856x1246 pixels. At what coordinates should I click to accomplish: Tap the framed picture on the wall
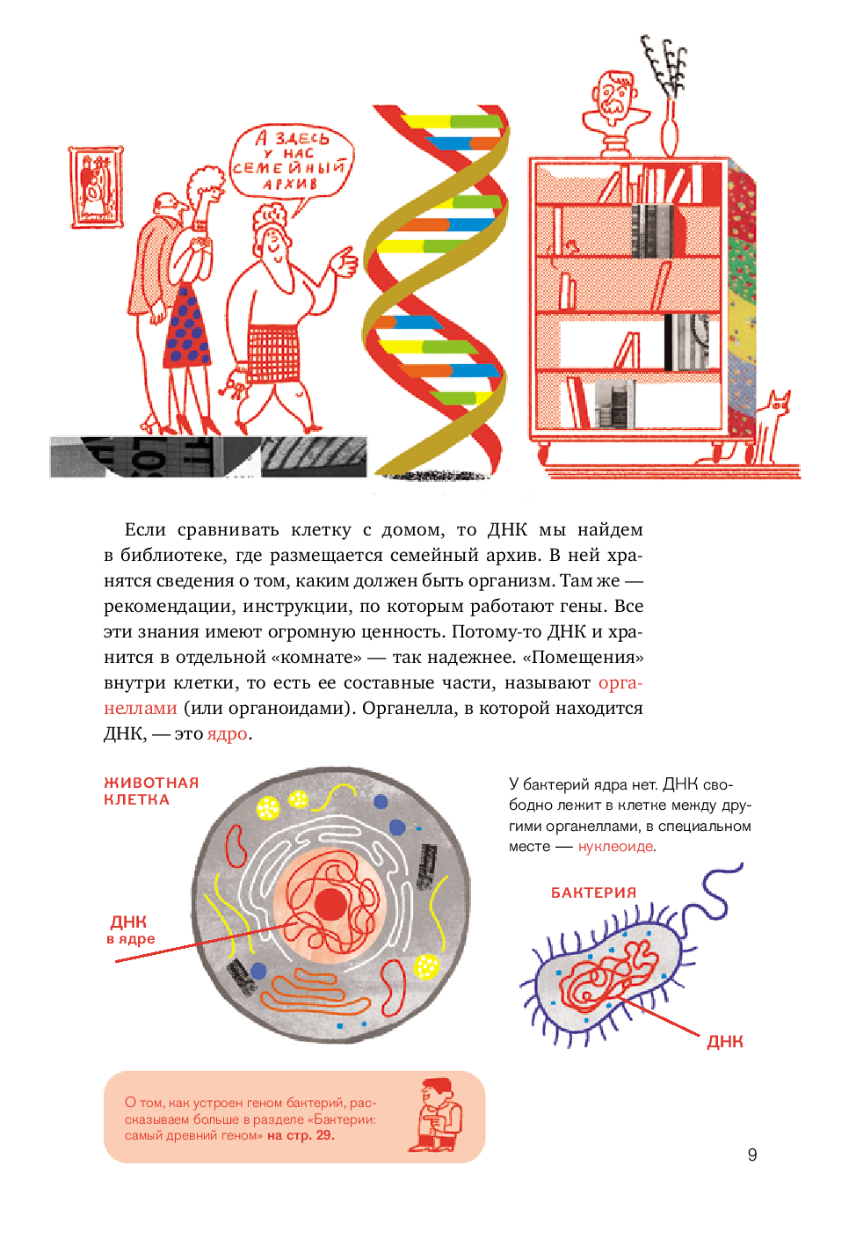[x=96, y=187]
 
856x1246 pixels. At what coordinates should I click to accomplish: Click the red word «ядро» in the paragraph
[x=228, y=734]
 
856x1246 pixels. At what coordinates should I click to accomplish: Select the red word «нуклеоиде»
[x=616, y=847]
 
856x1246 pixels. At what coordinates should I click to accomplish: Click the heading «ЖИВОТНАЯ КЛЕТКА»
[x=151, y=791]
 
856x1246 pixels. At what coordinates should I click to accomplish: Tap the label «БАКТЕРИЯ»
[x=593, y=893]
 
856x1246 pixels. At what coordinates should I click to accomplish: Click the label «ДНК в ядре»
[x=130, y=930]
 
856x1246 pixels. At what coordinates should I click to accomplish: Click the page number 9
[x=752, y=1155]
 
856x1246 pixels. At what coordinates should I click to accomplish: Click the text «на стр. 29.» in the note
[x=301, y=1135]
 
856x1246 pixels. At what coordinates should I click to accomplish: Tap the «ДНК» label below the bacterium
[x=725, y=1042]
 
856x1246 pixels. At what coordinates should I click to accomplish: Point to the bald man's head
[x=168, y=205]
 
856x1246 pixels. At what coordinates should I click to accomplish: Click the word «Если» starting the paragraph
[x=145, y=529]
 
